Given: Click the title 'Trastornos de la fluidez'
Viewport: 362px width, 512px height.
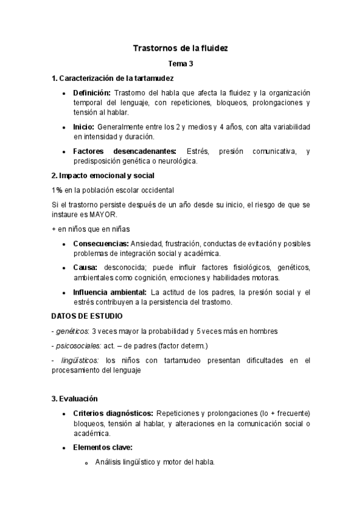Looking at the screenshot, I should coord(180,48).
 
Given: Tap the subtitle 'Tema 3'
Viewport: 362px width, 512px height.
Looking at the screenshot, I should coord(180,63).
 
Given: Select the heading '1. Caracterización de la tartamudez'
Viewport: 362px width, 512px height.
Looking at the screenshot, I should coord(114,78).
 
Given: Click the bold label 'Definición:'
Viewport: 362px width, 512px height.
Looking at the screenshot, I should coord(92,93).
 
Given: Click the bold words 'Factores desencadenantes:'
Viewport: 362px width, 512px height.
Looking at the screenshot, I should coord(124,152).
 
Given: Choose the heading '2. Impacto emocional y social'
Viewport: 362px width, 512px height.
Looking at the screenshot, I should coord(103,176).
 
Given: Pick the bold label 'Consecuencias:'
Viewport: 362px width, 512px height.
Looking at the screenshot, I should coord(101,244).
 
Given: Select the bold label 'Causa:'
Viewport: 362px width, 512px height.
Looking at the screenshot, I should coord(85,268).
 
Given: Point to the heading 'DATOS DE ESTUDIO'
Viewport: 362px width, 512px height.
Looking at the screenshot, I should coord(87,317).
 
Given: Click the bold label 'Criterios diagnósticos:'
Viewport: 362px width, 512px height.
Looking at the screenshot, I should coord(112,414).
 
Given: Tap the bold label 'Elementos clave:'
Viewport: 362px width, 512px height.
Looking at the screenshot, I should coord(103,448).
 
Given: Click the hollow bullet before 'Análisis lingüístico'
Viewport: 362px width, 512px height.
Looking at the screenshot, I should coord(86,463).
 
